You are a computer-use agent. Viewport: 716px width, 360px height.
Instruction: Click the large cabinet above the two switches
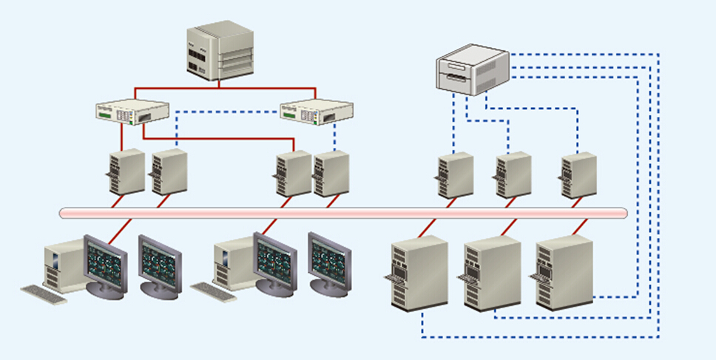click(219, 52)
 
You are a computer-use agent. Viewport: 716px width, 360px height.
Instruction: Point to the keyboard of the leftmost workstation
click(43, 293)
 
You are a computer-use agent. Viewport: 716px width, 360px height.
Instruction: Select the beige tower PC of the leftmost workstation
click(61, 262)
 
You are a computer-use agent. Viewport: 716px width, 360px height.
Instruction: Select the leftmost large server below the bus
click(419, 273)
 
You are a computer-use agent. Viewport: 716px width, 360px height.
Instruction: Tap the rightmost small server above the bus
click(578, 175)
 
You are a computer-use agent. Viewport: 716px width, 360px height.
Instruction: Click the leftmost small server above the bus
click(126, 171)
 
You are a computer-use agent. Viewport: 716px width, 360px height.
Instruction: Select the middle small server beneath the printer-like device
click(513, 175)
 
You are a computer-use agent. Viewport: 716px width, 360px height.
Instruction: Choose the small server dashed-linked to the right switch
click(331, 174)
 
